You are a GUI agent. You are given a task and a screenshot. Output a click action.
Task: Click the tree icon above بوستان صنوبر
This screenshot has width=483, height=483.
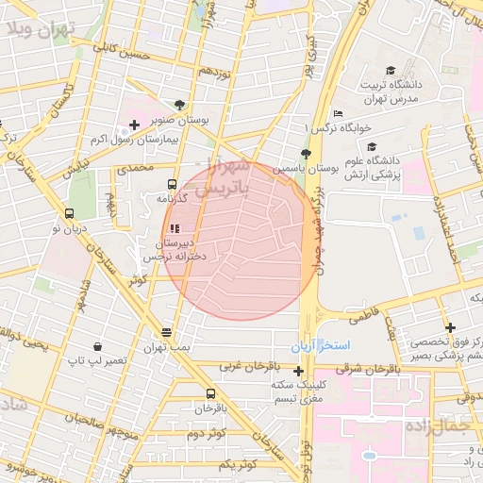click(x=180, y=107)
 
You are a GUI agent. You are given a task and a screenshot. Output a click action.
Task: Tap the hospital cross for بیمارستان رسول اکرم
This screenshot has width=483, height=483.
click(x=135, y=125)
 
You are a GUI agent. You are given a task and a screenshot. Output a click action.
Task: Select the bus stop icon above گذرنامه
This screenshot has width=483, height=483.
click(x=172, y=185)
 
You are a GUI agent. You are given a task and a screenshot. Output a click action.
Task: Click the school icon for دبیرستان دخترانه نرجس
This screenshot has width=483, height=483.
click(x=174, y=227)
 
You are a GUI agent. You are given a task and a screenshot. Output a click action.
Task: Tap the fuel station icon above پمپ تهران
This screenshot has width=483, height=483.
click(x=167, y=332)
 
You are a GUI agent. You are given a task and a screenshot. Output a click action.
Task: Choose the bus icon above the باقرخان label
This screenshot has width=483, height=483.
click(x=209, y=394)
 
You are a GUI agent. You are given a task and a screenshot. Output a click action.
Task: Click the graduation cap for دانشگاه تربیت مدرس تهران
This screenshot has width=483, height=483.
click(x=391, y=71)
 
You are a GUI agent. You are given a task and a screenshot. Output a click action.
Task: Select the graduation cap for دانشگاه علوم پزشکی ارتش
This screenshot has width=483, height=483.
click(x=372, y=147)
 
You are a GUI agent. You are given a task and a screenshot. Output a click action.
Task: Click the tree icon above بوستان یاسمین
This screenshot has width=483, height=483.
click(x=305, y=153)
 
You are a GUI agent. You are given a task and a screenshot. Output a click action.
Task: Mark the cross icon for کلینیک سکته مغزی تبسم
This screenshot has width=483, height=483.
click(x=299, y=371)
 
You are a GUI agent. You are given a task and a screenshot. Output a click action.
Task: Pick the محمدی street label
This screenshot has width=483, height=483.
click(x=133, y=167)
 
